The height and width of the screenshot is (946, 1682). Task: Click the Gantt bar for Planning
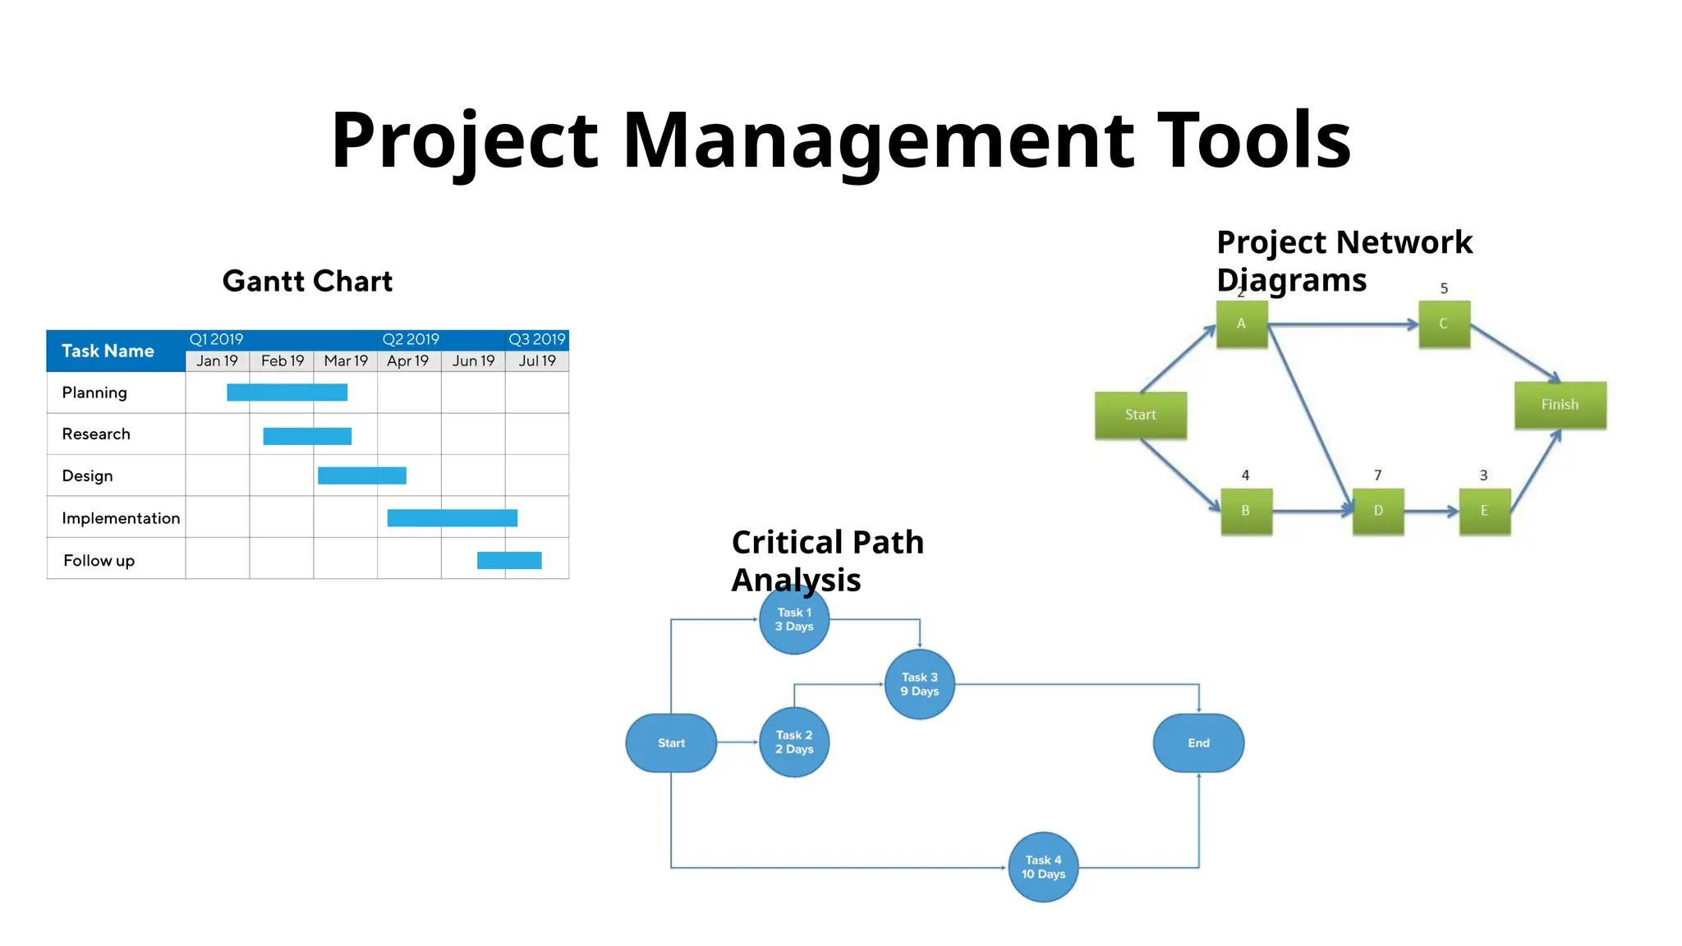coord(287,393)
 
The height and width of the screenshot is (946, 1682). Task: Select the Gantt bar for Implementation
coord(452,518)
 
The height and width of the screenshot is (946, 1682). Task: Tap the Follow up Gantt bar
coord(509,560)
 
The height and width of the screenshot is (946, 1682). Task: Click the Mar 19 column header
coord(346,360)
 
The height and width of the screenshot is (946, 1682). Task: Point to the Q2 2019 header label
coord(411,339)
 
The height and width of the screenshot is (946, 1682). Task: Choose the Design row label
coord(87,476)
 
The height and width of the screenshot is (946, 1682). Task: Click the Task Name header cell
coord(108,351)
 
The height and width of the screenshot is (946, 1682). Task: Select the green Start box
coord(1140,415)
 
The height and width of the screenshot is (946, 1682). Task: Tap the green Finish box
coord(1560,405)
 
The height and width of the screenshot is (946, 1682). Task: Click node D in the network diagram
coord(1378,511)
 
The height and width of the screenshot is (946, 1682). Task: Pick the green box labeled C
coord(1444,324)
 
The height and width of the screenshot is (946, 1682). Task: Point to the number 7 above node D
coord(1378,475)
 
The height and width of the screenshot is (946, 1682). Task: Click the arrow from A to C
coord(1343,325)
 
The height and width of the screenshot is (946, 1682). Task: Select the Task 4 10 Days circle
coord(1043,867)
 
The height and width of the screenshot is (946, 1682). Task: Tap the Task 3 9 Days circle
coord(919,684)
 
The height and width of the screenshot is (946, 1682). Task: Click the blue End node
coord(1198,743)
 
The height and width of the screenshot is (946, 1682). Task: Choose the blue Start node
coord(671,743)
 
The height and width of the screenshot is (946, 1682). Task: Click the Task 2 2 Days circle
coord(794,742)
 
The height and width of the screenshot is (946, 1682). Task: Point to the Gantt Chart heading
coord(307,282)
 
